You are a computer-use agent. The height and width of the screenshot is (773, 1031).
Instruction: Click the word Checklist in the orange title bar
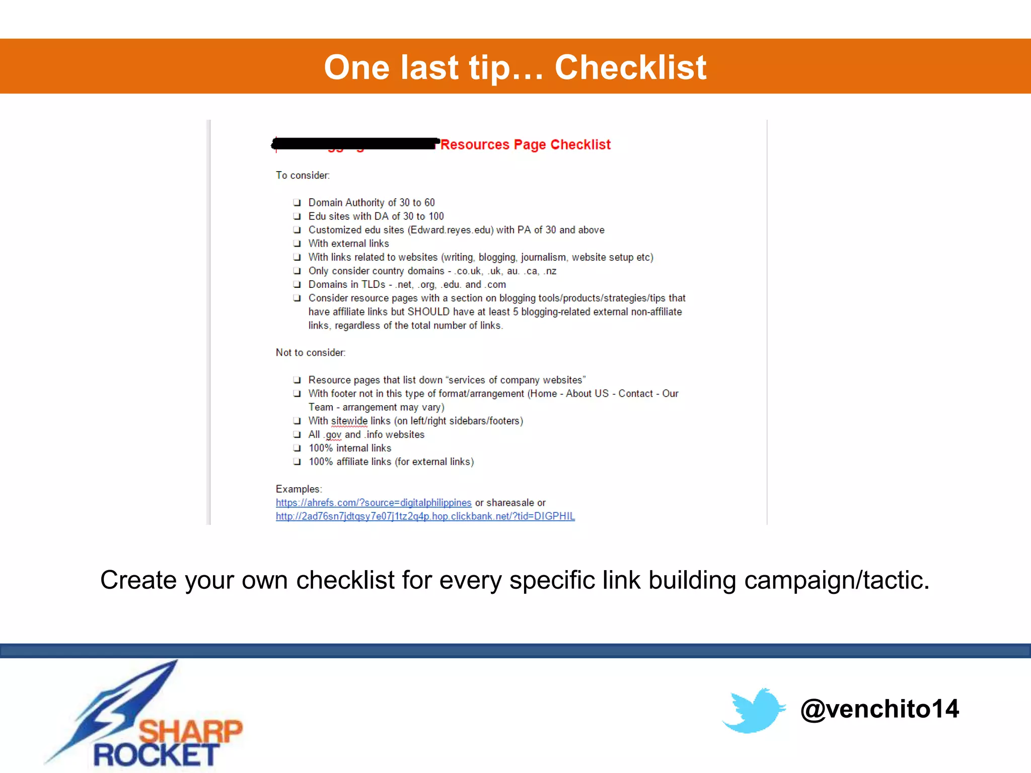(630, 67)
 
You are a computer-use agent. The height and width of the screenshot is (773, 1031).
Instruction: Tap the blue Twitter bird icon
(754, 711)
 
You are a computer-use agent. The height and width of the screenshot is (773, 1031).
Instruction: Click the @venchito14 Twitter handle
(879, 709)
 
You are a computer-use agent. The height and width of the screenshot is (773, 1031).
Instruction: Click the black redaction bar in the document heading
(355, 144)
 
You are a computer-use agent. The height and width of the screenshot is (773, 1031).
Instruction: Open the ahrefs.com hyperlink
(374, 503)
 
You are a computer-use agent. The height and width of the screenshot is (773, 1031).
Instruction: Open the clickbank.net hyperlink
(425, 516)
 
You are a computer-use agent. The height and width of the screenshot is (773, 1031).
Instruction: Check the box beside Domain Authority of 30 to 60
(297, 203)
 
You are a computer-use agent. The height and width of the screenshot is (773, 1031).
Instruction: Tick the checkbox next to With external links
(297, 244)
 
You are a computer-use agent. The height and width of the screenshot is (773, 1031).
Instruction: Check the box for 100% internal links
(297, 448)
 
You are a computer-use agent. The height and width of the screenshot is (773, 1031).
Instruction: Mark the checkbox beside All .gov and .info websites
(297, 435)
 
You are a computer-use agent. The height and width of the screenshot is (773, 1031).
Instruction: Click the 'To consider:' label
(303, 176)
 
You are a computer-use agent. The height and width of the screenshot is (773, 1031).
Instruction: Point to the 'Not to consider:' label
(311, 353)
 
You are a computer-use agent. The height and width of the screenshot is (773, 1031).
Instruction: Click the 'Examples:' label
(299, 489)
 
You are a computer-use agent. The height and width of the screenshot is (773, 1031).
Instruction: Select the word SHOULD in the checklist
(428, 312)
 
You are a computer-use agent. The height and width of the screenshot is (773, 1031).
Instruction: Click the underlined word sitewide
(349, 421)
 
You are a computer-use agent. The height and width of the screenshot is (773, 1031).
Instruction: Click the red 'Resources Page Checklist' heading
(526, 145)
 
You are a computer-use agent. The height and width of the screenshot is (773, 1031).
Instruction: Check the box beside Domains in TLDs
(297, 285)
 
